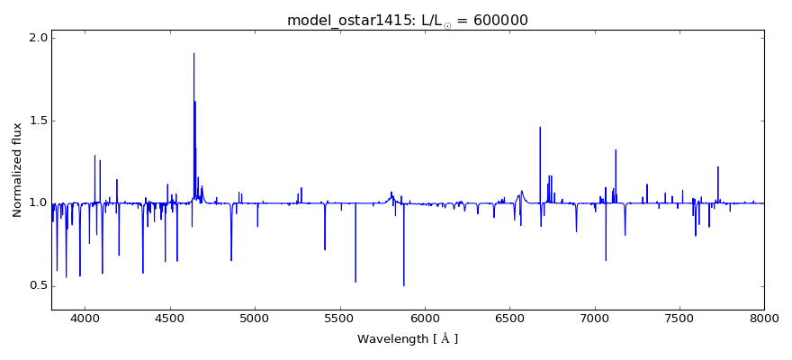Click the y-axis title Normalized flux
point(17,170)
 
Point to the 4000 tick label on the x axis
point(85,318)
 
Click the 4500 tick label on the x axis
point(170,318)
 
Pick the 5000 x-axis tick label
point(255,318)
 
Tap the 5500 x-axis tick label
point(339,318)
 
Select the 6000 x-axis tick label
point(424,318)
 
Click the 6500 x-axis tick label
point(509,318)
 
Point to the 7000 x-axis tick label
point(594,318)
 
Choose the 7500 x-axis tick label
point(679,318)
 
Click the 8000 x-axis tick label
point(763,318)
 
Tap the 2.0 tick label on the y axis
point(38,38)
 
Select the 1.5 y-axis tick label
point(38,121)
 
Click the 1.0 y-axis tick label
point(38,203)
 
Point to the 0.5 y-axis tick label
point(38,286)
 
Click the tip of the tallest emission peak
point(193,53)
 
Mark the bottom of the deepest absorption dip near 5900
point(403,285)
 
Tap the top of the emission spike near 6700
point(540,128)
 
